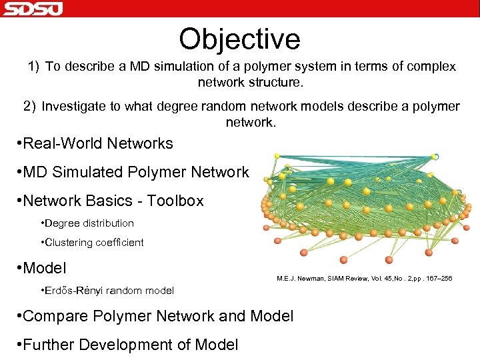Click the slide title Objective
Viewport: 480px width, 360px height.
pyautogui.click(x=239, y=39)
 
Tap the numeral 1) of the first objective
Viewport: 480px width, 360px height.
pyautogui.click(x=34, y=67)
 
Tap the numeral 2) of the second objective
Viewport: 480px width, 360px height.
pyautogui.click(x=29, y=107)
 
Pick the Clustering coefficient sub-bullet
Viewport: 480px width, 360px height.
pyautogui.click(x=94, y=243)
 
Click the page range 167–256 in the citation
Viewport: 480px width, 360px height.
pyautogui.click(x=436, y=278)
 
